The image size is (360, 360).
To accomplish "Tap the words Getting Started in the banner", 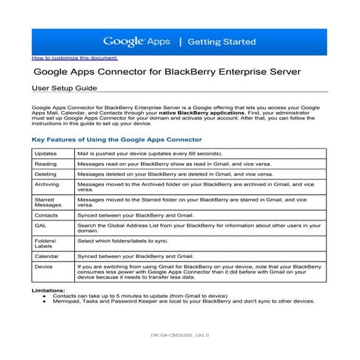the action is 222,42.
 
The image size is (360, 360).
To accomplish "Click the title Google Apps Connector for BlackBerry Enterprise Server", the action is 174,73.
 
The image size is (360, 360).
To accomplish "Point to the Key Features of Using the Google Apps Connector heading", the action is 117,139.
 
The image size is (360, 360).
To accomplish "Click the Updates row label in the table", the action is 46,154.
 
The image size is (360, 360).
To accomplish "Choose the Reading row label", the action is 47,164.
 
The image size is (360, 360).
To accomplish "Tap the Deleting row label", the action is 47,175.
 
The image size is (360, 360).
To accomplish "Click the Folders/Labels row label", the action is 46,243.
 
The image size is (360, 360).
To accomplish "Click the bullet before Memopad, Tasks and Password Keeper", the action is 44,301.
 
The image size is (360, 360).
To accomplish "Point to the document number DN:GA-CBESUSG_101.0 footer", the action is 179,335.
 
